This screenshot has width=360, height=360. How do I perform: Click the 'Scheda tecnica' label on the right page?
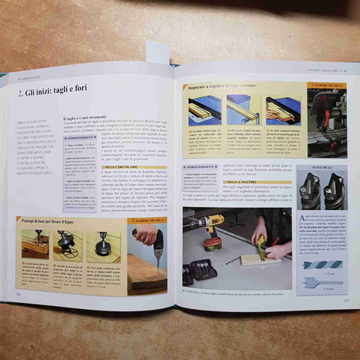click(x=329, y=86)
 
